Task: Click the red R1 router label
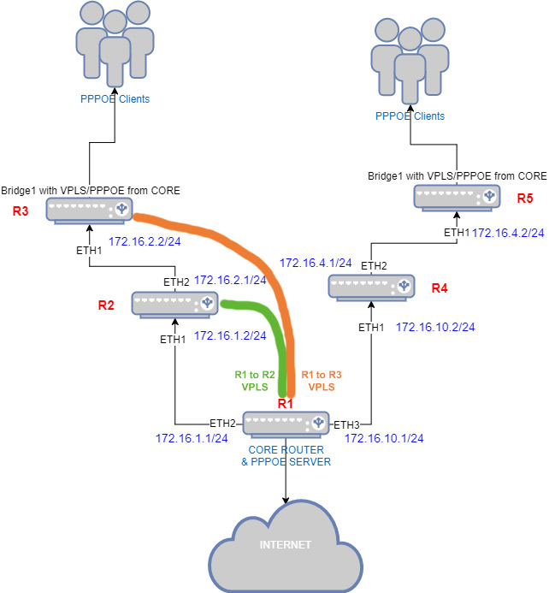pyautogui.click(x=286, y=403)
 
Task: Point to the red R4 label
pyautogui.click(x=439, y=288)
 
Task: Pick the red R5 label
pyautogui.click(x=526, y=199)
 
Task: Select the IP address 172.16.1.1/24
pyautogui.click(x=192, y=438)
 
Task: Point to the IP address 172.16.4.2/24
pyautogui.click(x=509, y=233)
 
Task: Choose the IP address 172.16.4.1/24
pyautogui.click(x=316, y=263)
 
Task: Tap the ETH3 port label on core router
pyautogui.click(x=346, y=424)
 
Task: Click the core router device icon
pyautogui.click(x=286, y=423)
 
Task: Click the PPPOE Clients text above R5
pyautogui.click(x=410, y=116)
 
